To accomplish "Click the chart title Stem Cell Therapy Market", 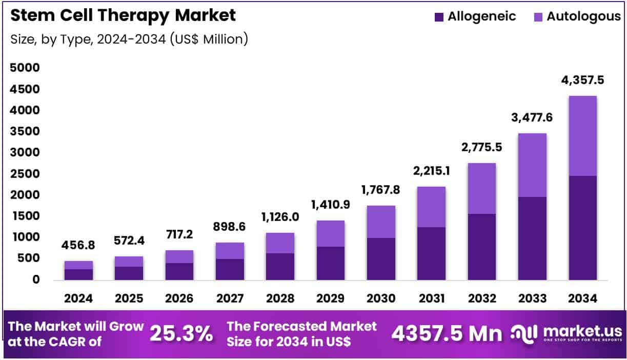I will (123, 15).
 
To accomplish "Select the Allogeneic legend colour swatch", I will (439, 16).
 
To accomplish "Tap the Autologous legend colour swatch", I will (538, 16).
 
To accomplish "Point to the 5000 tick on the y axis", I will (25, 68).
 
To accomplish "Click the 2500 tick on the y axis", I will (25, 174).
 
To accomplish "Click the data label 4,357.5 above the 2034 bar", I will (582, 81).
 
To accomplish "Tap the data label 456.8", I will (78, 246).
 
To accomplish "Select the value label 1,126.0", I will (280, 218).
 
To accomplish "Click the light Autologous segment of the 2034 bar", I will (582, 135).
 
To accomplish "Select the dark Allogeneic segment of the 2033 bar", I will (532, 238).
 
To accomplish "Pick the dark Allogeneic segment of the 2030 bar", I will (381, 258).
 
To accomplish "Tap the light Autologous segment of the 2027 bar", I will (230, 250).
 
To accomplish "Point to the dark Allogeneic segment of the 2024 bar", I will (78, 274).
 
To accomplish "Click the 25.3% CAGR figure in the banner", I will (181, 334).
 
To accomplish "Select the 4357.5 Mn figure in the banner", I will (447, 334).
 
